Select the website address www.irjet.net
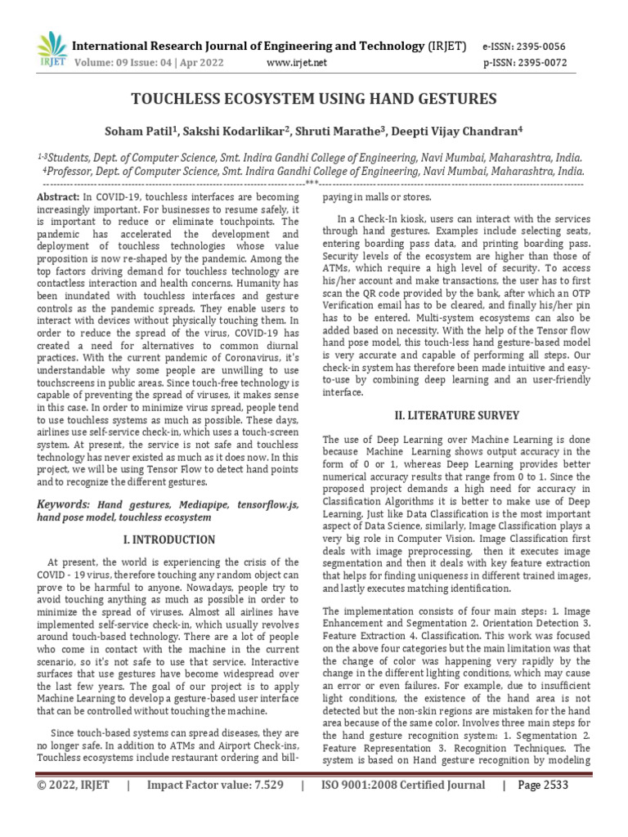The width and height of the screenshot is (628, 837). click(x=297, y=62)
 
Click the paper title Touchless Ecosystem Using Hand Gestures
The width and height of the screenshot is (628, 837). click(x=314, y=99)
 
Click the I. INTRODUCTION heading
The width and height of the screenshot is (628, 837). click(x=168, y=539)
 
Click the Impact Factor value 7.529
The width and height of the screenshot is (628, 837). click(x=215, y=808)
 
